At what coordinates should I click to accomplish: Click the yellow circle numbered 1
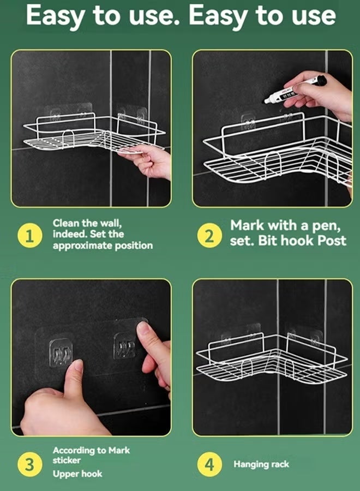point(30,236)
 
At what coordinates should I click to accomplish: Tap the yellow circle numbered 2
point(209,236)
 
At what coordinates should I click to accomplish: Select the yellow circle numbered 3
point(30,464)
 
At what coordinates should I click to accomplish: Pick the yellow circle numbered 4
point(209,464)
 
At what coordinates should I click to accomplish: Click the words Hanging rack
point(261,464)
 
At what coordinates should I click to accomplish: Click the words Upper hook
point(77,474)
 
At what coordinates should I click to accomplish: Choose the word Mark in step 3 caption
point(119,450)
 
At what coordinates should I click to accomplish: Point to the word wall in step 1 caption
point(110,223)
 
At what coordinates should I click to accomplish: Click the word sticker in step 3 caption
point(67,460)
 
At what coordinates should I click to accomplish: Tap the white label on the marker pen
point(289,94)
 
